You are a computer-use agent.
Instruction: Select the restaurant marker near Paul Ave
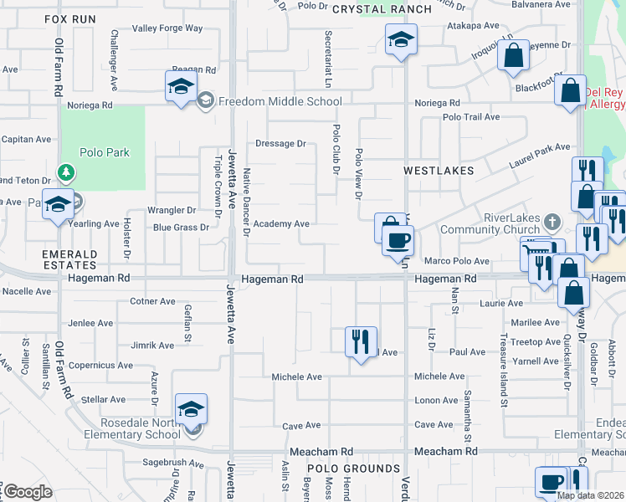point(361,341)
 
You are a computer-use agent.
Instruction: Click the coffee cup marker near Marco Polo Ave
point(398,242)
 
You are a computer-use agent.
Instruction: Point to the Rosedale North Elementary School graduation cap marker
point(191,410)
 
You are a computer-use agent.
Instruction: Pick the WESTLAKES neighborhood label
point(439,170)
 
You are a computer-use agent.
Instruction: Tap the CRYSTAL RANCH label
point(382,9)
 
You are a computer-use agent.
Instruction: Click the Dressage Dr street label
point(280,144)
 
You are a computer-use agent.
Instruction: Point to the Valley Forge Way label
point(167,28)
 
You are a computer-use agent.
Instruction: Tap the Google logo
point(28,492)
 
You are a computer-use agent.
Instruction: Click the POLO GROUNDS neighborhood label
point(353,469)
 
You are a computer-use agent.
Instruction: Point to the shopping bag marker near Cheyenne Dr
point(514,56)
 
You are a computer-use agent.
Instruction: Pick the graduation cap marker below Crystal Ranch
point(401,40)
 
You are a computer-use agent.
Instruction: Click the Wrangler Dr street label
point(171,210)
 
